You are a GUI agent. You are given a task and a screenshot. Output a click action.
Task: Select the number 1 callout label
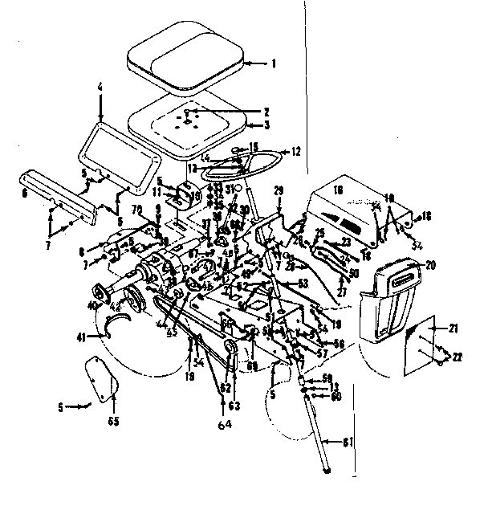click(273, 63)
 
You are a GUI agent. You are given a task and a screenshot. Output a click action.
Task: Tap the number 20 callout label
click(429, 264)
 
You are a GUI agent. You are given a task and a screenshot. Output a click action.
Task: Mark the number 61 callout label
click(348, 440)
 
